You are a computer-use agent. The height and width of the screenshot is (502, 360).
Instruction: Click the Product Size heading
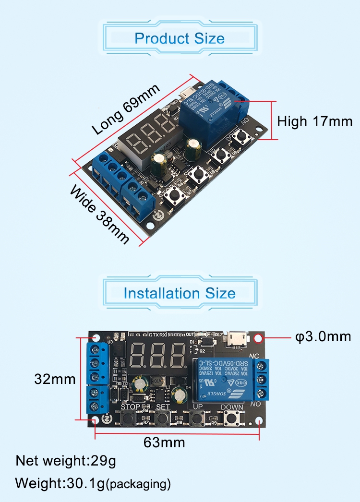(180, 38)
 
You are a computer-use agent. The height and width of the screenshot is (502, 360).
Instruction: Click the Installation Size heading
(180, 293)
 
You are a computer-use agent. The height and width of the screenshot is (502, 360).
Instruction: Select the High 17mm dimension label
(314, 121)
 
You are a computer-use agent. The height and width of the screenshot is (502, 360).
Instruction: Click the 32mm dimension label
(55, 379)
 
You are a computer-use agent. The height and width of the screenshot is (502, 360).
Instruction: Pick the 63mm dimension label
(164, 442)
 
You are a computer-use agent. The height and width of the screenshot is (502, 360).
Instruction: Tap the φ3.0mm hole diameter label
(323, 336)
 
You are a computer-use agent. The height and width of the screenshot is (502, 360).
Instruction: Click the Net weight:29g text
(66, 461)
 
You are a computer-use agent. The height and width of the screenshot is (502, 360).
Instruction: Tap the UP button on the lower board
(197, 418)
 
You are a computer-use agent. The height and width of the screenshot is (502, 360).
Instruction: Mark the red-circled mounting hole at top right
(259, 338)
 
